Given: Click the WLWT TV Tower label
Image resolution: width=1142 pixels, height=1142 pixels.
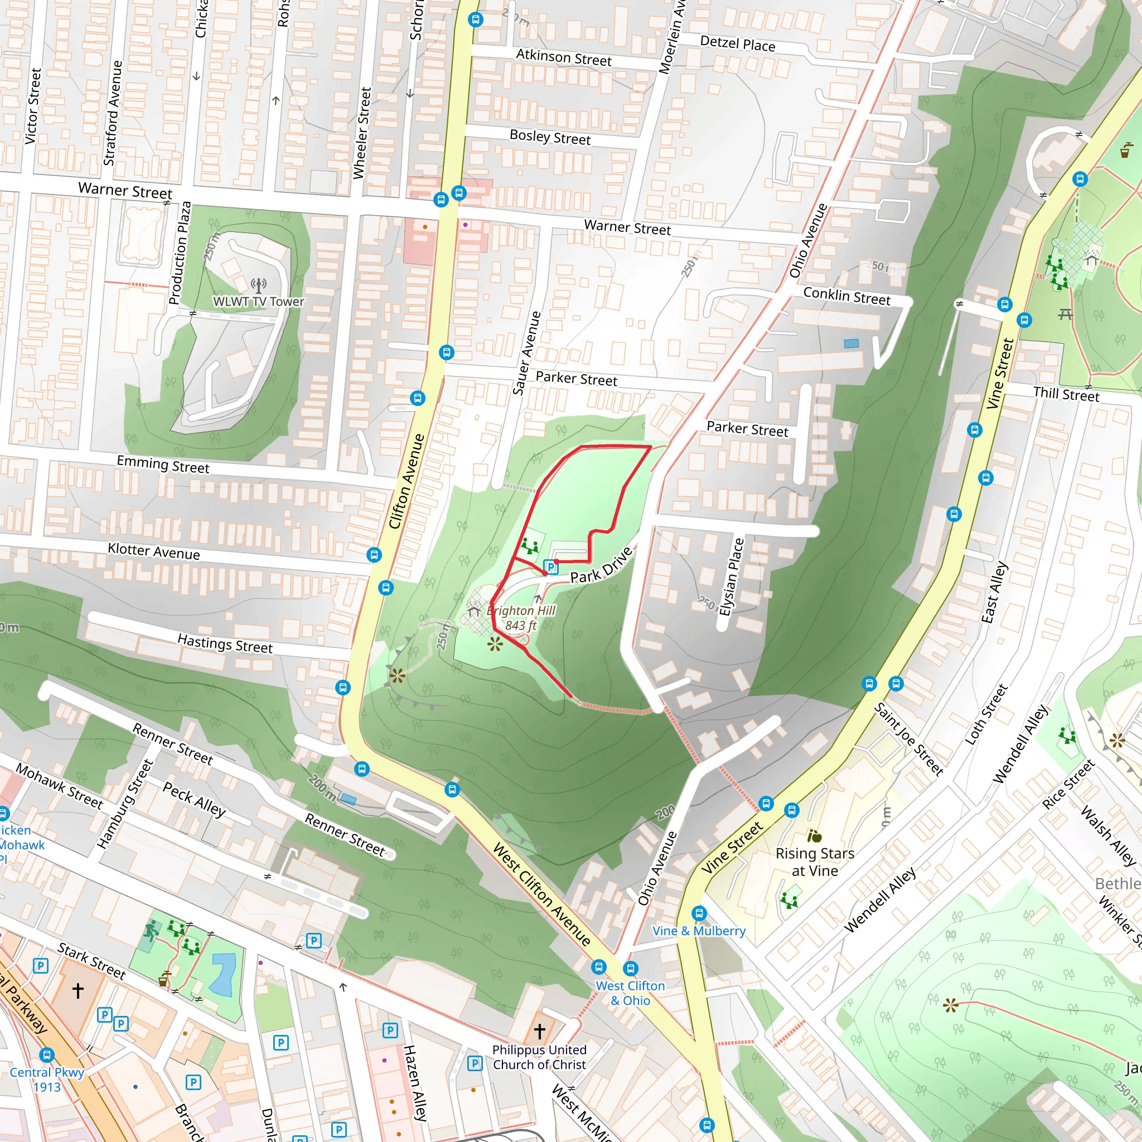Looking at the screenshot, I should click(258, 302).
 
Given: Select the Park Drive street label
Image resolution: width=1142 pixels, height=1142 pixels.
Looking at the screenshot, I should click(601, 565).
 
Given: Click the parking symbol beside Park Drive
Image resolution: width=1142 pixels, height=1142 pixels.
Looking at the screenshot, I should click(551, 568).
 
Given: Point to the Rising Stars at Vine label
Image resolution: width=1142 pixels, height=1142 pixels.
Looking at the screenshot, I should click(815, 862).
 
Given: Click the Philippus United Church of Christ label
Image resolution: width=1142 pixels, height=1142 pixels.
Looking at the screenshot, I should click(539, 1057).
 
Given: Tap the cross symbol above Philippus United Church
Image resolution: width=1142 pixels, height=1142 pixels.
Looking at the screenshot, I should click(539, 1032).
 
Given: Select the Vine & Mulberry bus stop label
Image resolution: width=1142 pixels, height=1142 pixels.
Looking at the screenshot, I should click(699, 931).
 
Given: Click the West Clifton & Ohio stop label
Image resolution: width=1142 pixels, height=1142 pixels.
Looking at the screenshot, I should click(630, 993).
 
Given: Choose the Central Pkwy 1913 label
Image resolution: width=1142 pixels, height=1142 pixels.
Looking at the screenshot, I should click(47, 1080).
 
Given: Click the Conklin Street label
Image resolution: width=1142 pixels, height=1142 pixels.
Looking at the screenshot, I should click(846, 297).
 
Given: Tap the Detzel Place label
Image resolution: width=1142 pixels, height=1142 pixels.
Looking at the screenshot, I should click(737, 43).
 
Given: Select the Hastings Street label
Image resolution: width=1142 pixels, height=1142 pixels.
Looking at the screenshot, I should click(225, 643).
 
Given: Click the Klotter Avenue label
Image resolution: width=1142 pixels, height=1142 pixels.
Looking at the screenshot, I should click(154, 551).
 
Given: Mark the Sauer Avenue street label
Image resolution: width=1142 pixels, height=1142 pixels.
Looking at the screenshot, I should click(526, 354).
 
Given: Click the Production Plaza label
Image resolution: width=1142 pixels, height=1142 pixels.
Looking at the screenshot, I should click(180, 253).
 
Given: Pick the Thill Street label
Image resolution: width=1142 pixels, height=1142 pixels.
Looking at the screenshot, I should click(1066, 394).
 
